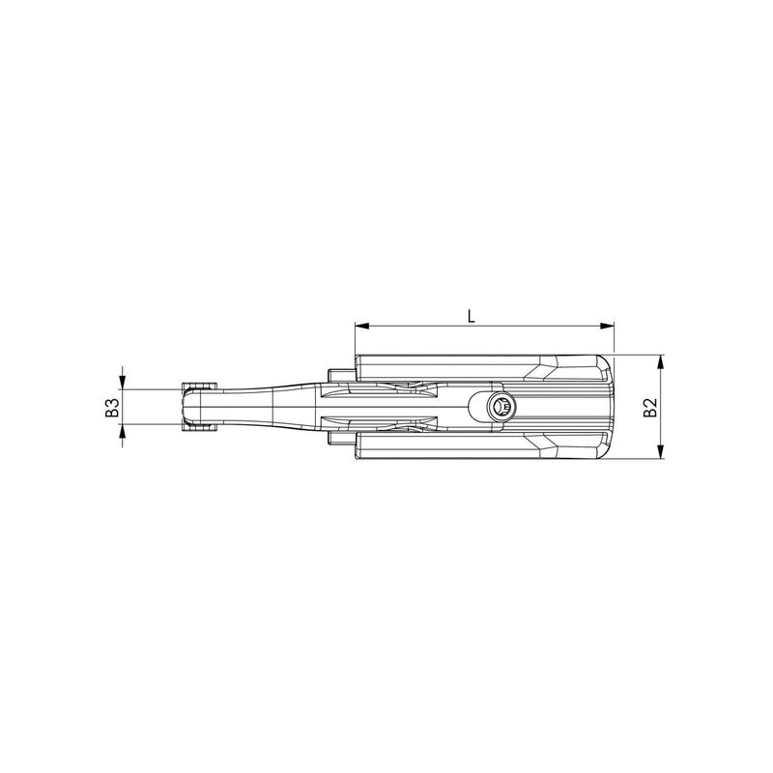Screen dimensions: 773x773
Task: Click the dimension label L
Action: click(x=472, y=316)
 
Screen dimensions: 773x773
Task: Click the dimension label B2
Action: click(x=650, y=407)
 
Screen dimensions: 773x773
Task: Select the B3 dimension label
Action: click(x=113, y=407)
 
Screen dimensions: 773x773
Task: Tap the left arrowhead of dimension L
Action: click(x=361, y=326)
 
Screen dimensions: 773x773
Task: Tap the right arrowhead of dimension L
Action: click(x=608, y=326)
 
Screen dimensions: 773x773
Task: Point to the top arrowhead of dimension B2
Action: click(x=661, y=361)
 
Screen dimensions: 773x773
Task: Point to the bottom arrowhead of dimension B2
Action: click(x=661, y=451)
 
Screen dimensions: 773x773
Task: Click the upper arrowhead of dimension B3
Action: click(x=123, y=382)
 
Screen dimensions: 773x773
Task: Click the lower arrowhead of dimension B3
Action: click(x=123, y=431)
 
